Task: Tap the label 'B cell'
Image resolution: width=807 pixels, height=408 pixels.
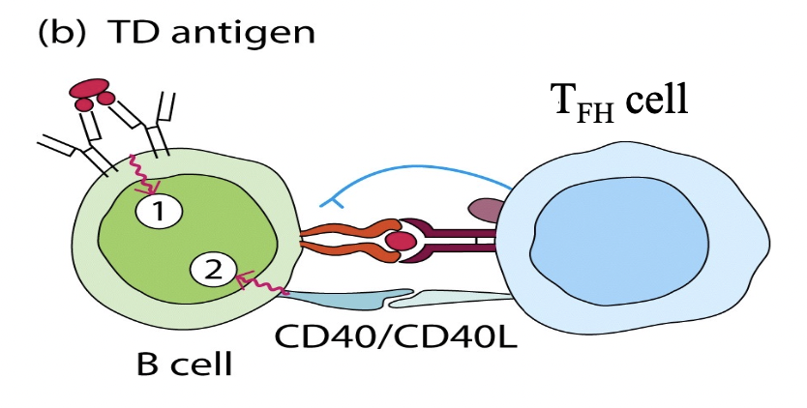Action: [185, 366]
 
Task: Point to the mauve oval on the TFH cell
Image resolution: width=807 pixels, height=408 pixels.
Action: [485, 210]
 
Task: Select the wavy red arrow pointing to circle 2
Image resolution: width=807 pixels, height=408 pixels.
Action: [261, 284]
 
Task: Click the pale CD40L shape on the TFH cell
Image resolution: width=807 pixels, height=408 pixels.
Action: [464, 299]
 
